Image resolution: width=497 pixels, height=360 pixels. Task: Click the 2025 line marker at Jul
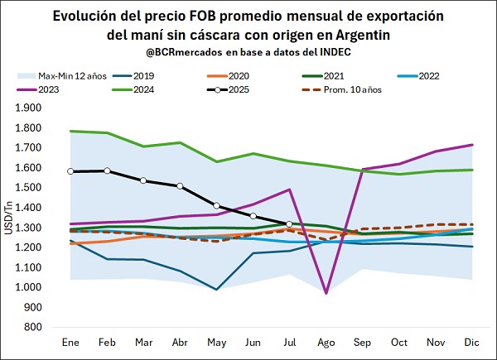[x=288, y=224]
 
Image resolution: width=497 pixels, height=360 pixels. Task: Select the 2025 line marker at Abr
[x=181, y=186]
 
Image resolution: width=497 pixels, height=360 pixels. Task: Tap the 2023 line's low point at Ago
[x=326, y=293]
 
